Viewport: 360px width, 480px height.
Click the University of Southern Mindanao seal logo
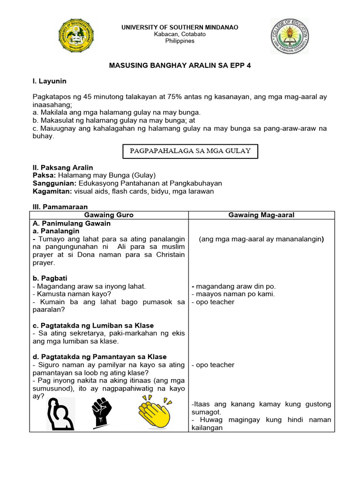[77, 36]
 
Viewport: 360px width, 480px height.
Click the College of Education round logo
[290, 36]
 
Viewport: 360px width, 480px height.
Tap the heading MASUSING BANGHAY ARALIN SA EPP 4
[180, 66]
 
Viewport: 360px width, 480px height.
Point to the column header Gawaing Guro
[109, 215]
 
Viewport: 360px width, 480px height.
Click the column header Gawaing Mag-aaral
[261, 215]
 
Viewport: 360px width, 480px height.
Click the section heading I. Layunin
[49, 82]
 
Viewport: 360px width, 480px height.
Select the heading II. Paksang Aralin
[63, 167]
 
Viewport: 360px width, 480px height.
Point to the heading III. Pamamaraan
[60, 207]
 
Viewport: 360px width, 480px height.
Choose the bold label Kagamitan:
[51, 191]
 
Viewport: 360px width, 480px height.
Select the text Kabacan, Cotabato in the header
[180, 34]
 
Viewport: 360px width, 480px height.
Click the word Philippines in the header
[180, 41]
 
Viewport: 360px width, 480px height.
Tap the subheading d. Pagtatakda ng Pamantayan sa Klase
[99, 357]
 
